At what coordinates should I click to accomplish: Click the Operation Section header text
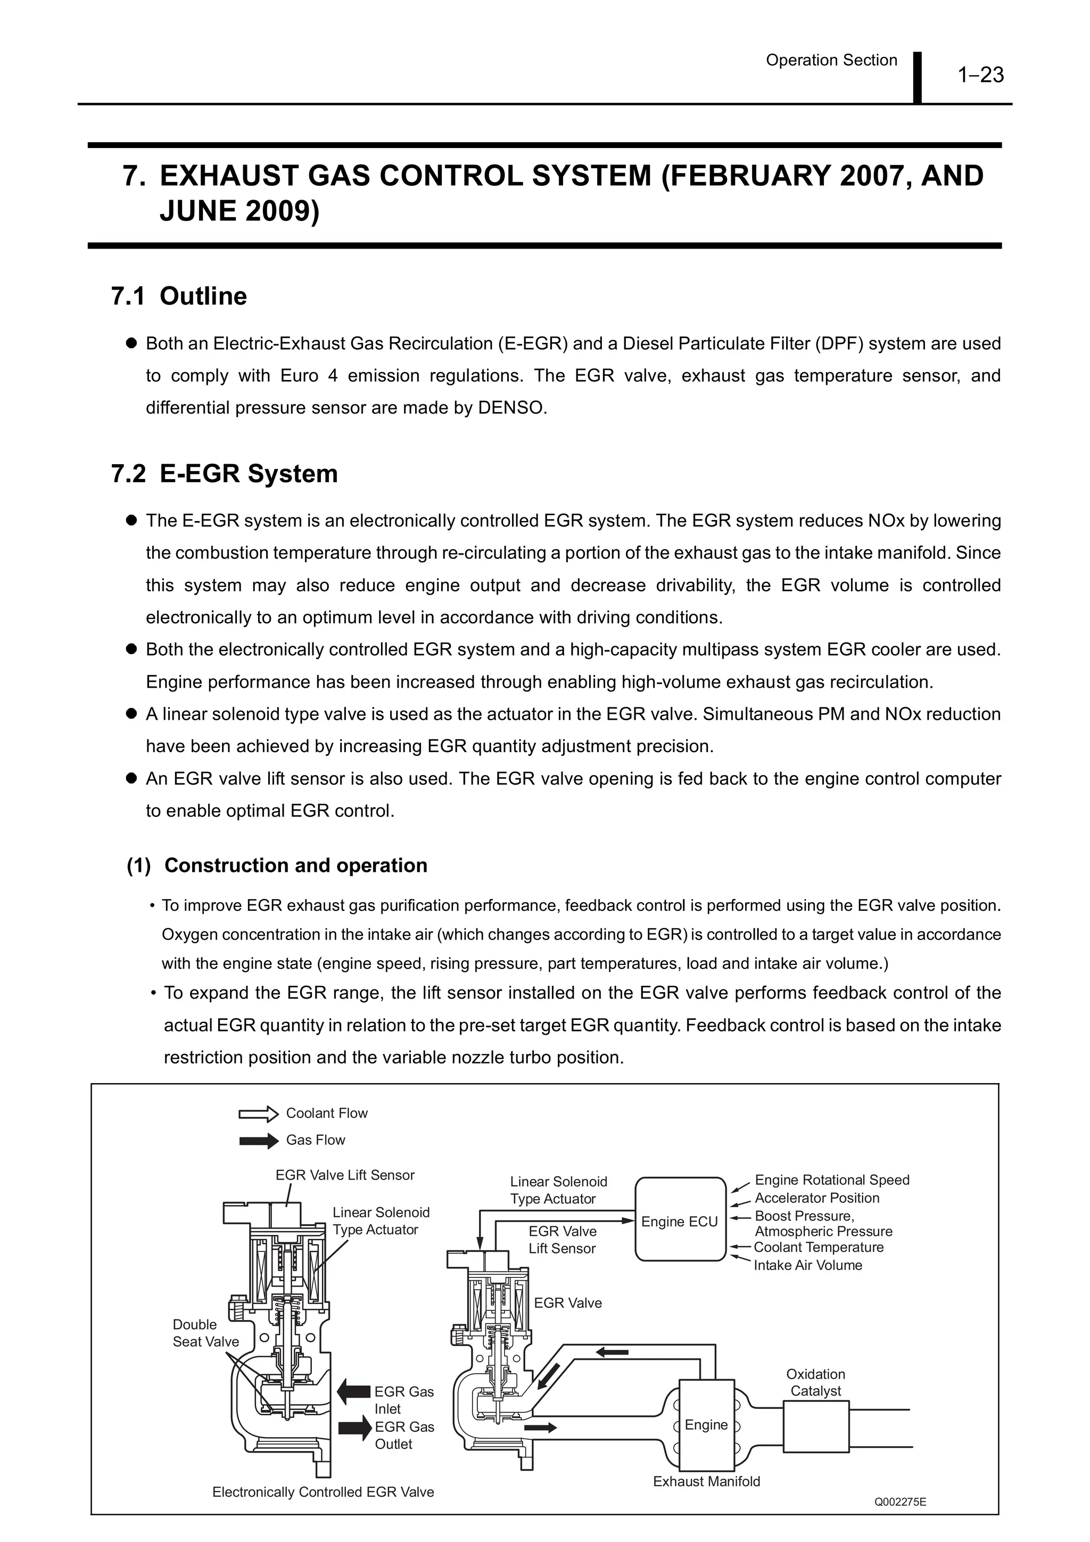831,61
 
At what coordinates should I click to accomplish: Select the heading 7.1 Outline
179,296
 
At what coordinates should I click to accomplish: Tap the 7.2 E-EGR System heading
224,474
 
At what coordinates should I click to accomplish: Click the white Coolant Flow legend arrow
259,1114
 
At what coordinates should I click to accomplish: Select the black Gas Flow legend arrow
259,1140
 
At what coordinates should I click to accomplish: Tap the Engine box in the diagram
706,1424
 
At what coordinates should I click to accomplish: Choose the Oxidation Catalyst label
815,1382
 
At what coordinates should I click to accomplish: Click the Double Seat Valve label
205,1332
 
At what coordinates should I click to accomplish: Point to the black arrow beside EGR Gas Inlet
353,1391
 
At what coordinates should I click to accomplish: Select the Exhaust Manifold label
706,1481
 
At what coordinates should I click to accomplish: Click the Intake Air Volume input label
807,1265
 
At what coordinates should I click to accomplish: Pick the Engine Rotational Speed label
831,1180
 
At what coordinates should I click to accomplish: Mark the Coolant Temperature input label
818,1247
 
